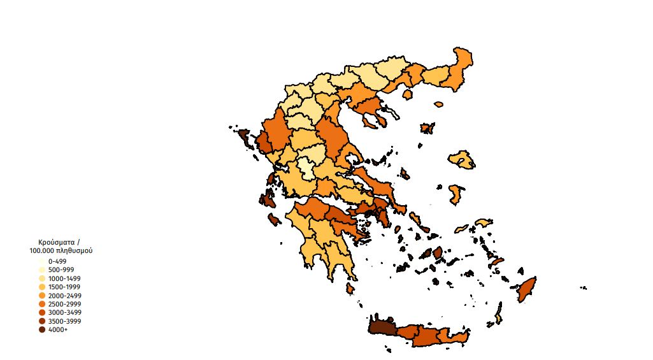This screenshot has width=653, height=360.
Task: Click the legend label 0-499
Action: click(57, 261)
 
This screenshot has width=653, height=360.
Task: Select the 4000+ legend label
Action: click(57, 329)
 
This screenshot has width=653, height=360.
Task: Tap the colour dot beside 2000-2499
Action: click(42, 296)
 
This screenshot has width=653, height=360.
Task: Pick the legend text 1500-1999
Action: click(64, 287)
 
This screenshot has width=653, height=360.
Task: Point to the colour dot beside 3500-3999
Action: click(42, 321)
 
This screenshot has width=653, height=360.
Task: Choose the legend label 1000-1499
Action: click(64, 278)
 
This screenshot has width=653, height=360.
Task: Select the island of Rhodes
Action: click(526, 289)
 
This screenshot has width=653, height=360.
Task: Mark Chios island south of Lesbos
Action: click(455, 194)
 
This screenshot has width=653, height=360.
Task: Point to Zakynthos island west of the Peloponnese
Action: click(275, 219)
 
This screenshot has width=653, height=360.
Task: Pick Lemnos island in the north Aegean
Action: click(427, 128)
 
